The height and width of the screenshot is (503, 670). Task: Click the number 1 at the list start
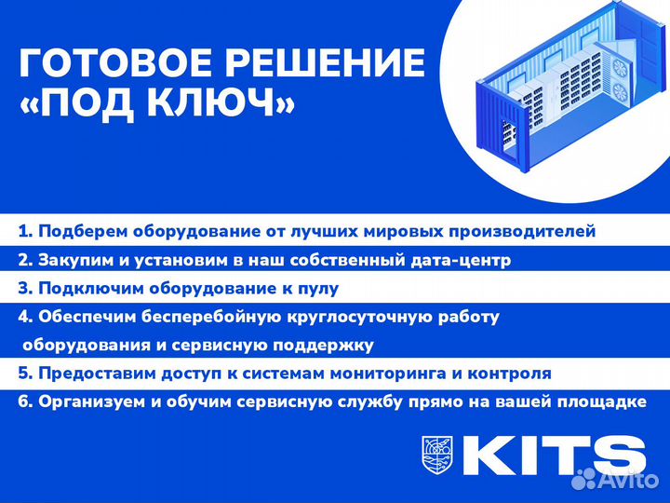point(22,231)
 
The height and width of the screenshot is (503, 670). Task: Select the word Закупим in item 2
point(75,260)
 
